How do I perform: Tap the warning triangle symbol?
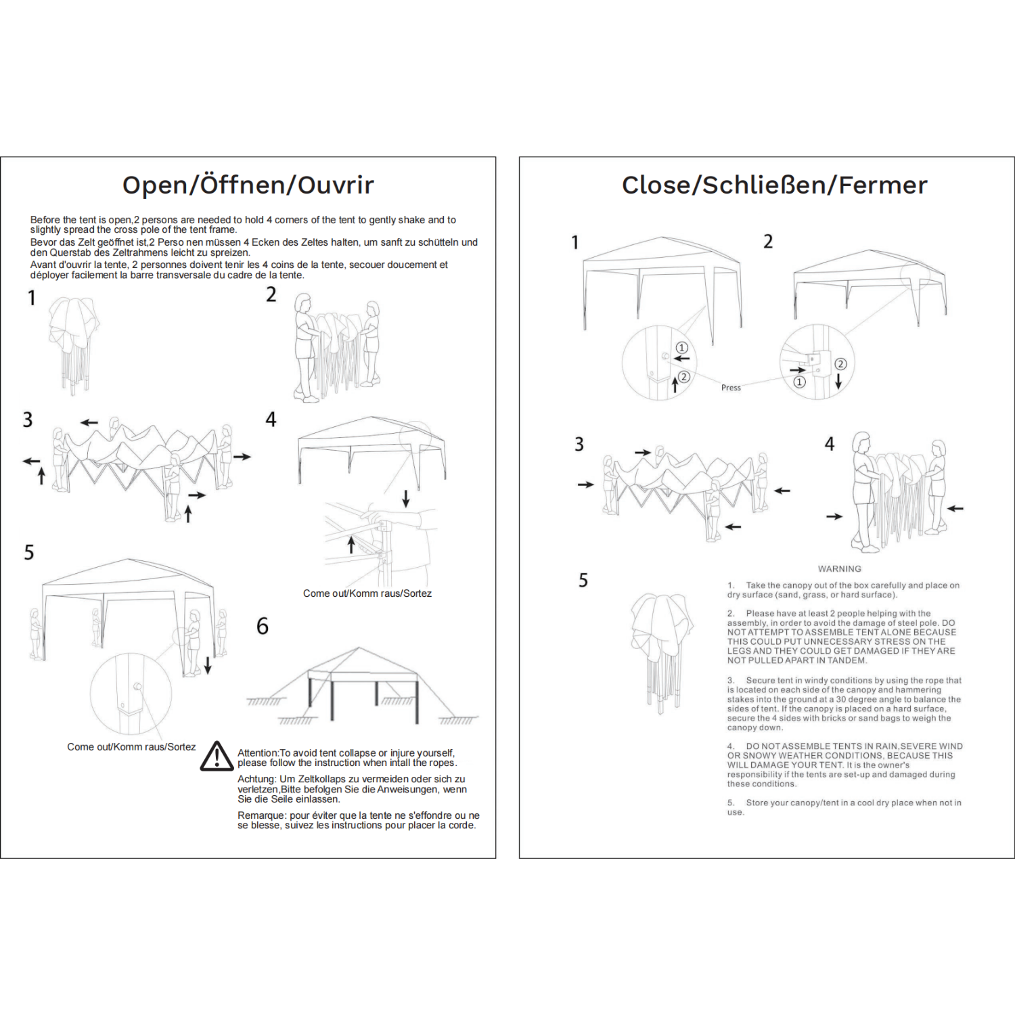[217, 757]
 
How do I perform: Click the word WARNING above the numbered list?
[839, 569]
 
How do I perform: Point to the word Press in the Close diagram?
[731, 388]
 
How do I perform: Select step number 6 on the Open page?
[263, 626]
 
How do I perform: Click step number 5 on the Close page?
[583, 581]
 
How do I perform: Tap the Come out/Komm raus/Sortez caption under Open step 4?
[367, 593]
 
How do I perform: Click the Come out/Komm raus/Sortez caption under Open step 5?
[131, 747]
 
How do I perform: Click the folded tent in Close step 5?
[662, 650]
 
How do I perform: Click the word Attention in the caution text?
[257, 753]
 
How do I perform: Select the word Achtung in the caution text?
[256, 780]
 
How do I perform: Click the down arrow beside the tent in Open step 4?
[406, 499]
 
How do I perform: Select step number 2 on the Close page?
[768, 242]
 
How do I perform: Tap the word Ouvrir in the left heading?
[336, 185]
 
